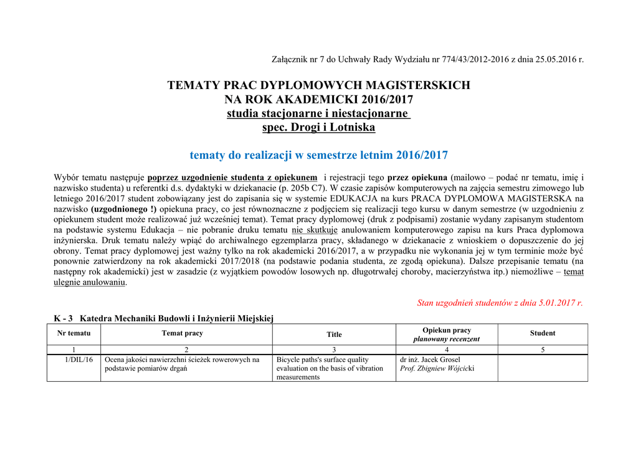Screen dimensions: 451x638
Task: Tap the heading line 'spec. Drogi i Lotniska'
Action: click(x=318, y=127)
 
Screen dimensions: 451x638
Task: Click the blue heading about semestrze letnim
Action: click(x=318, y=155)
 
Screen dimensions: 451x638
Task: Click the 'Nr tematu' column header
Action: click(x=74, y=333)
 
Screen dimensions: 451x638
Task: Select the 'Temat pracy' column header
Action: click(x=182, y=333)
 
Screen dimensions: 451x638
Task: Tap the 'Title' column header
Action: click(x=334, y=335)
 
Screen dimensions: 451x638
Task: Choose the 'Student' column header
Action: click(x=542, y=333)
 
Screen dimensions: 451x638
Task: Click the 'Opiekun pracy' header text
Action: click(x=446, y=330)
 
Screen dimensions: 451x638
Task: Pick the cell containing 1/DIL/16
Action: click(x=79, y=359)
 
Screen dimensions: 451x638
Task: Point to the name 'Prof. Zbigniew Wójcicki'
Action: click(x=437, y=368)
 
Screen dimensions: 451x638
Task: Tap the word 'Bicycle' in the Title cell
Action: click(x=290, y=359)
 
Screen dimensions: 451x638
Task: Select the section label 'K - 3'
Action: click(x=64, y=318)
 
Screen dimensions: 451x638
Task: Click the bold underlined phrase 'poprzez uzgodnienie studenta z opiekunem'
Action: click(x=232, y=178)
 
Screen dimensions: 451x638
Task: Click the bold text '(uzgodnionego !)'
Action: click(x=123, y=209)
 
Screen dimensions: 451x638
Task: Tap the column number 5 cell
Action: click(x=542, y=349)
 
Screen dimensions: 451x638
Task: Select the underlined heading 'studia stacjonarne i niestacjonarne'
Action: click(x=318, y=113)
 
